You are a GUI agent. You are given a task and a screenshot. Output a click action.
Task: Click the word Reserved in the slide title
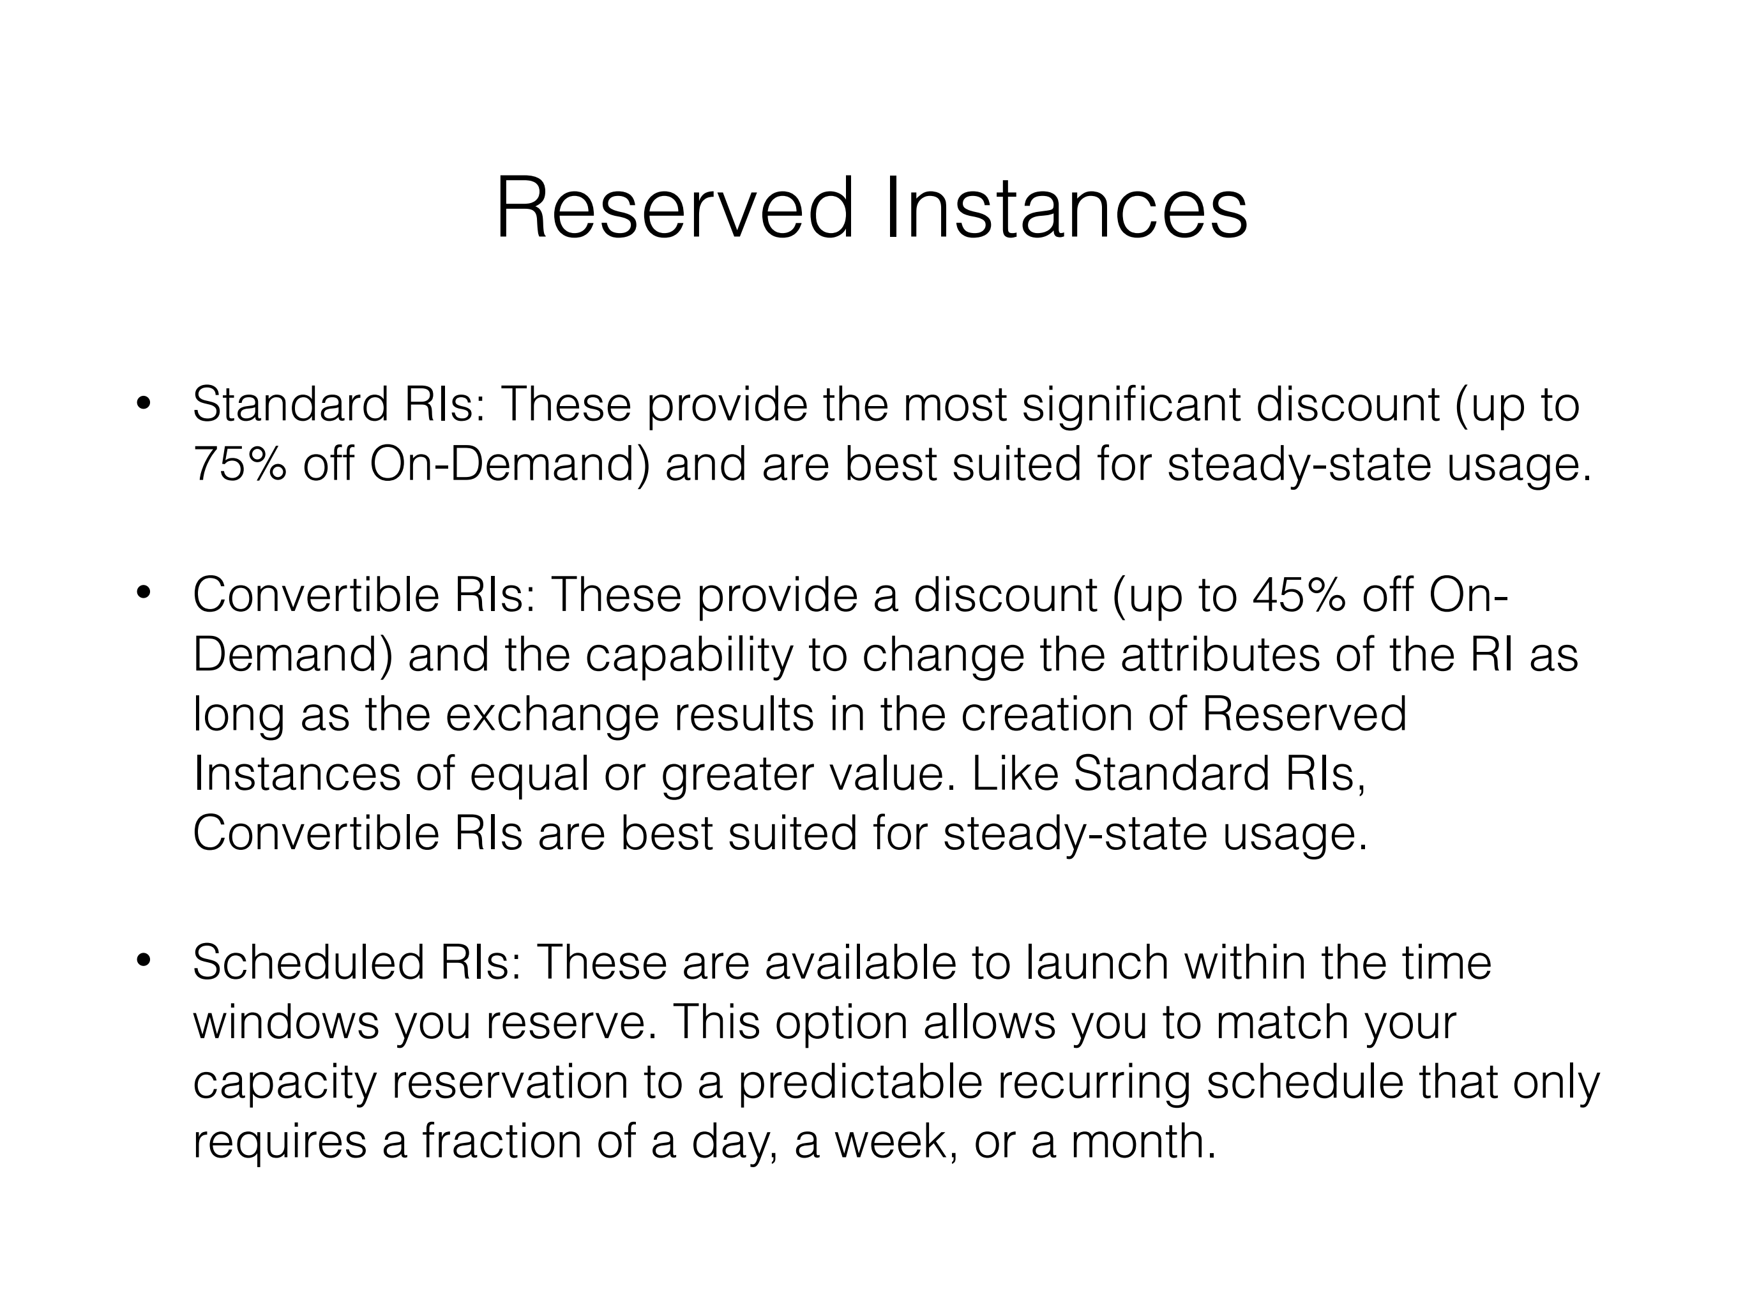coord(674,208)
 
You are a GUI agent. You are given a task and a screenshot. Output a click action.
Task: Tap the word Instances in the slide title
coord(1066,208)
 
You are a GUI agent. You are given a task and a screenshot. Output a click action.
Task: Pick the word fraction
coord(501,1141)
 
